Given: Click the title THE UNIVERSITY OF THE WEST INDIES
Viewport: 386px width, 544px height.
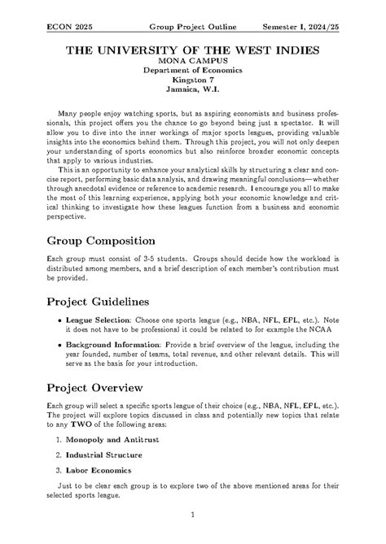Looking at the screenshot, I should coord(192,50).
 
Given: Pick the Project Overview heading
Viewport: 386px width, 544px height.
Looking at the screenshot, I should coord(104,387).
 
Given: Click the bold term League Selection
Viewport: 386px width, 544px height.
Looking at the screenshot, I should coord(99,321).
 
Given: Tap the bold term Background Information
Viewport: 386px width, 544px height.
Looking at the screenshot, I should coord(112,345).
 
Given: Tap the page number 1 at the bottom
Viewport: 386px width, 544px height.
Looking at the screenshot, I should coord(192,515).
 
